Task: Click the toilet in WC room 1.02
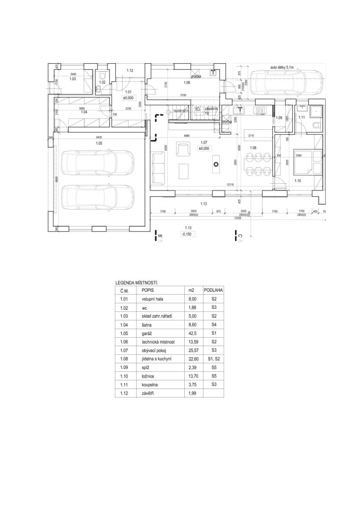coord(102,76)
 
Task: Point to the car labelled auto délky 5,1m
coord(285,83)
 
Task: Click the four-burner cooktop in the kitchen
coord(260,111)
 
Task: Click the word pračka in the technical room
coord(196,76)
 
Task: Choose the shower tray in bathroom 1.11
coord(316,111)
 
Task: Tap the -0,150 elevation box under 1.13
coord(186,234)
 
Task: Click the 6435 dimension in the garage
coord(98,137)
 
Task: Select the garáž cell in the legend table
coord(147,333)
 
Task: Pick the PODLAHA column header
coord(214,290)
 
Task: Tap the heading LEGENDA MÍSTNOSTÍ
coord(137,282)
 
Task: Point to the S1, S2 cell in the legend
coord(214,359)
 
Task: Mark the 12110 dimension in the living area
coord(231,185)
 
